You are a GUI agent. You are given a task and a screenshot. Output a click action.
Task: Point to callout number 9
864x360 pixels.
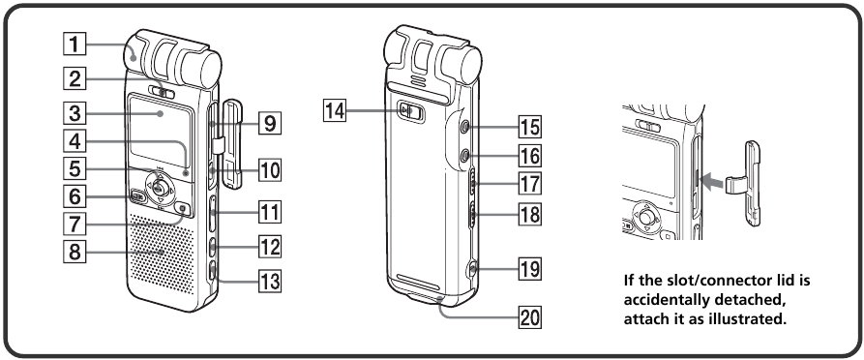tap(270, 124)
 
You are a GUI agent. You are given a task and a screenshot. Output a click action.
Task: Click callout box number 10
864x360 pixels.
tap(270, 171)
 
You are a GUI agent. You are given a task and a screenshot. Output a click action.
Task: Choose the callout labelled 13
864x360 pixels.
tap(270, 283)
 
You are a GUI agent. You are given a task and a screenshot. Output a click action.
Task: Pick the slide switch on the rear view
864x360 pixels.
tap(410, 112)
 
